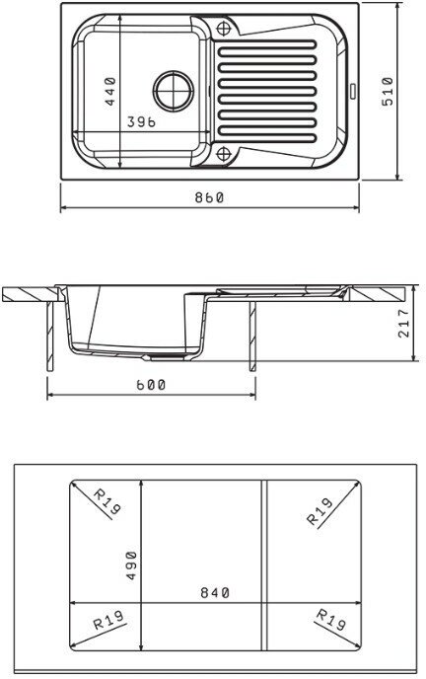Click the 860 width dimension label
tap(209, 197)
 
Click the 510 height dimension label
tap(388, 92)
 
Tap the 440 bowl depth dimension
tap(110, 92)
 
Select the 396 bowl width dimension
tap(141, 122)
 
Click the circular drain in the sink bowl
tap(174, 91)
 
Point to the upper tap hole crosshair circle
tap(224, 29)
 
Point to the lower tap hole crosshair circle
tap(224, 153)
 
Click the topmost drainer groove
tap(267, 43)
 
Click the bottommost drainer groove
tap(267, 139)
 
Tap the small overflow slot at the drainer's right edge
tap(352, 91)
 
